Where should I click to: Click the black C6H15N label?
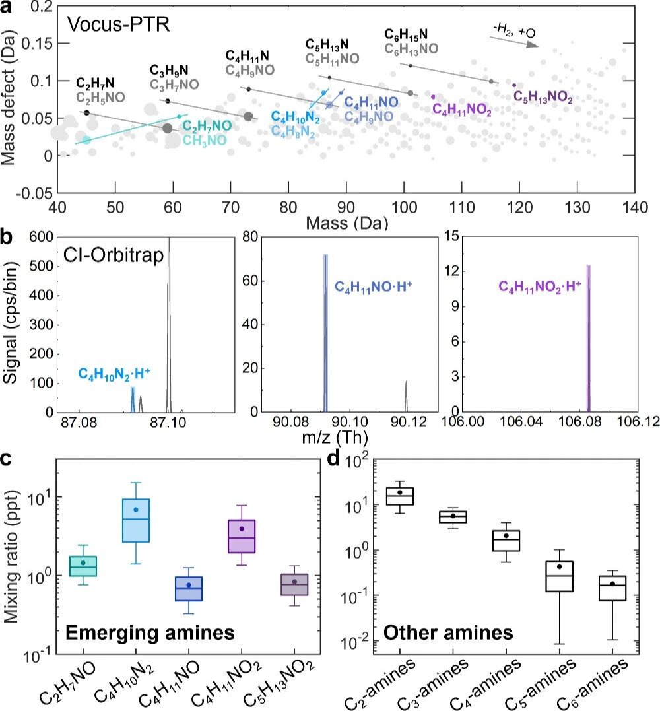pos(406,33)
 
